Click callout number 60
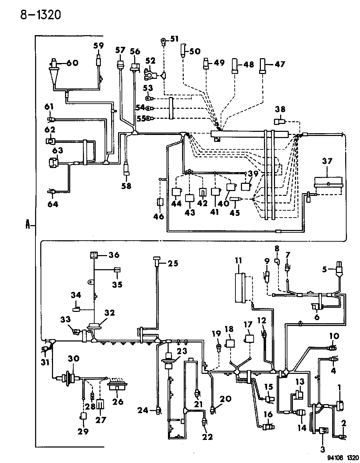point(72,63)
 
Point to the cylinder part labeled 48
point(235,66)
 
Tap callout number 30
point(74,359)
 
